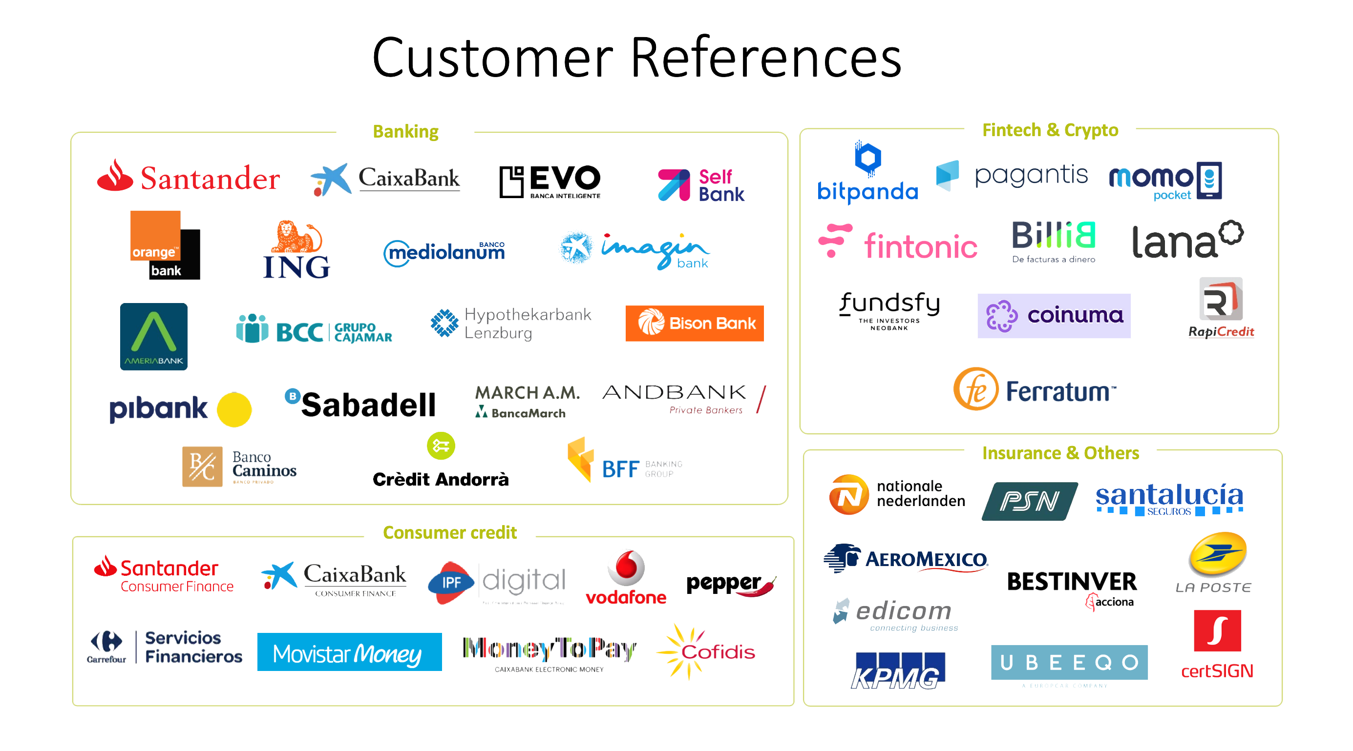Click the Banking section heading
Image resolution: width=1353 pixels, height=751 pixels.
pos(405,131)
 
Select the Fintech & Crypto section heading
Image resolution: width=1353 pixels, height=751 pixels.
pos(1050,130)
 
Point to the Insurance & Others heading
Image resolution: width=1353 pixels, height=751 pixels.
pos(1060,452)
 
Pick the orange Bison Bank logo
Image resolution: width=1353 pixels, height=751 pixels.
pos(695,323)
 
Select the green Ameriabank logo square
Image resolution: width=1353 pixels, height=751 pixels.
pos(153,336)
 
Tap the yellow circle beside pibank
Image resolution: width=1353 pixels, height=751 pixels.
pos(234,409)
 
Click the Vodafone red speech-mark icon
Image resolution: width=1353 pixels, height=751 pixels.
pos(626,568)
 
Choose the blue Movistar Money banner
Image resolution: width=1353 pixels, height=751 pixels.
pos(349,652)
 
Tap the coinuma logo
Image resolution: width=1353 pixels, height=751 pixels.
pos(1054,315)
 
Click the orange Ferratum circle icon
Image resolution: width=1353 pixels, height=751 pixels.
pos(975,389)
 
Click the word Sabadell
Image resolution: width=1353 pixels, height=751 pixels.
pos(368,405)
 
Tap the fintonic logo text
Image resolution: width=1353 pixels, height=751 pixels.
pos(920,245)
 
